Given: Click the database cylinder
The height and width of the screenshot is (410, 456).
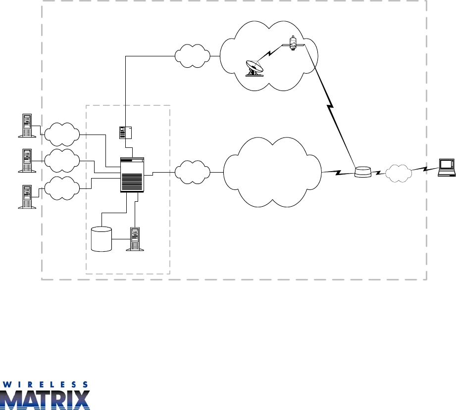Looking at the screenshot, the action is [x=101, y=239].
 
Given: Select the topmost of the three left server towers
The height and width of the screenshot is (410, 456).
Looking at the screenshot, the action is [x=26, y=126].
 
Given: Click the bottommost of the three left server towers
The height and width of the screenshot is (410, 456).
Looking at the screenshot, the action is [x=26, y=196].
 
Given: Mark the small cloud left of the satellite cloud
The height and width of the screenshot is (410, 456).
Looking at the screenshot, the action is [x=192, y=57].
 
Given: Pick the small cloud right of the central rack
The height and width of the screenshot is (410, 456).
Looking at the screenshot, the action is [x=192, y=172].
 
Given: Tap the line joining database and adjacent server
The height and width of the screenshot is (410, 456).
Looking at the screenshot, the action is [x=120, y=240].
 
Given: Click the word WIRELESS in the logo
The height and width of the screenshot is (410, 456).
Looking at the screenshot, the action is [x=45, y=384].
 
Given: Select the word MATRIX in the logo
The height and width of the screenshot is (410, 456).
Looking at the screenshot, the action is [x=45, y=400].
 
